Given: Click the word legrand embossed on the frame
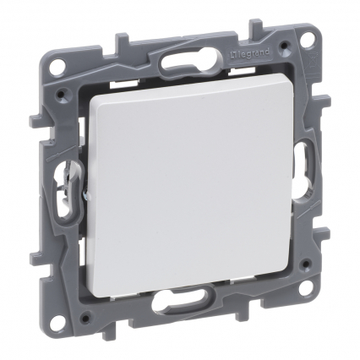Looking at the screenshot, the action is pos(251,53).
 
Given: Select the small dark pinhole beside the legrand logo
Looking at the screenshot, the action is pos(286,45).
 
